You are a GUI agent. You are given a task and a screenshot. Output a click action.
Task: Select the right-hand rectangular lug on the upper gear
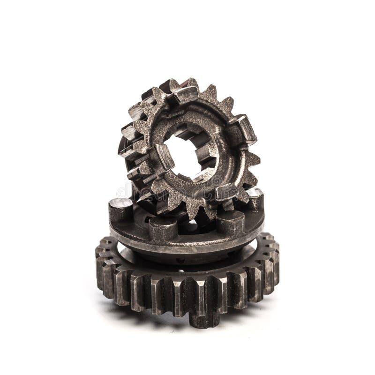tap(244, 128)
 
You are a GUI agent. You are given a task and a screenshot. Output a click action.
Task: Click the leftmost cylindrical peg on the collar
tap(120, 208)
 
